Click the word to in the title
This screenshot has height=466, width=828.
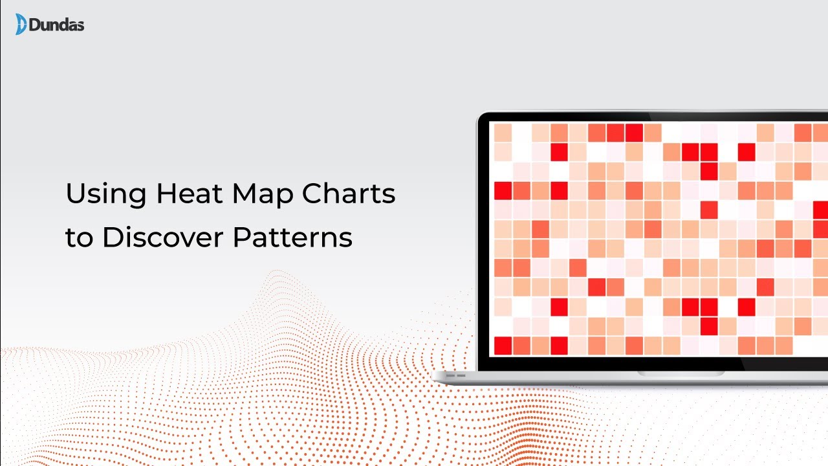coord(79,238)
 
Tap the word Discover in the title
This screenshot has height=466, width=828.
coord(163,238)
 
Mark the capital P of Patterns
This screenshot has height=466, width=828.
coord(241,238)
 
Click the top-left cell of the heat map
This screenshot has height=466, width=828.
coord(503,133)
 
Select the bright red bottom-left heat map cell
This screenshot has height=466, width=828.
coord(503,346)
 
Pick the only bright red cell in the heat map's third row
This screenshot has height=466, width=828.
coord(709,172)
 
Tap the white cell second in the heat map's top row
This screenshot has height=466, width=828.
coord(521,133)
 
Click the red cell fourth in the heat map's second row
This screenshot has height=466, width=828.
coord(559,152)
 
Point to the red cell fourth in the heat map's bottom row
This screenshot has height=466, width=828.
coord(559,346)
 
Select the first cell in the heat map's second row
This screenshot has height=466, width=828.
coord(503,152)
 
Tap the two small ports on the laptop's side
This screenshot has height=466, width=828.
coord(457,375)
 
